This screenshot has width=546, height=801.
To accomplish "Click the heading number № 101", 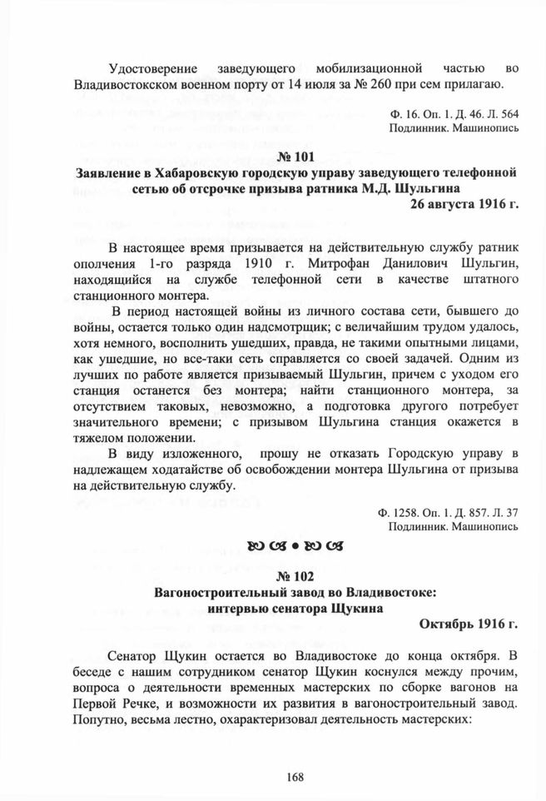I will (x=295, y=158).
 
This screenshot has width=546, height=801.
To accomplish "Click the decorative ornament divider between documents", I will (x=295, y=546).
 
